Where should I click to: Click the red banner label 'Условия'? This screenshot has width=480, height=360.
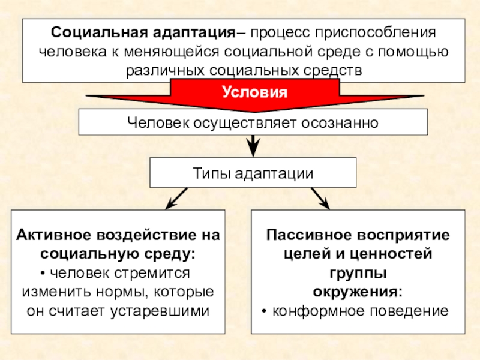tap(254, 93)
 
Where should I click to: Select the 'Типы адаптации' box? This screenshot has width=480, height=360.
tap(253, 173)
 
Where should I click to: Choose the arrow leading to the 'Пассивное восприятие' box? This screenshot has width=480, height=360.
tap(319, 198)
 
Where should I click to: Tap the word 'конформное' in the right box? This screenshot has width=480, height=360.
tap(317, 311)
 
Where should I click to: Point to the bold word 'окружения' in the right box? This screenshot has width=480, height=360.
tap(356, 292)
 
